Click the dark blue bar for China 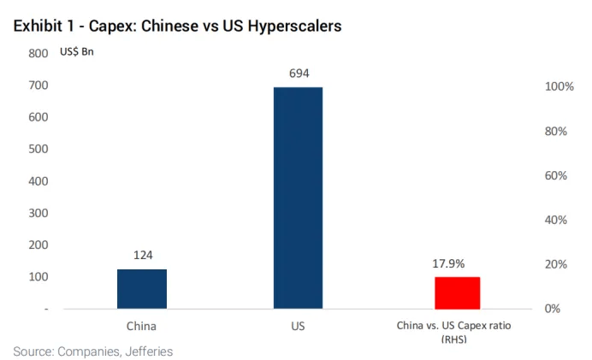pyautogui.click(x=142, y=288)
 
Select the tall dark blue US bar pyautogui.click(x=298, y=197)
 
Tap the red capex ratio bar pyautogui.click(x=457, y=292)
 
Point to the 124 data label pyautogui.click(x=142, y=255)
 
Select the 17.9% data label pyautogui.click(x=457, y=264)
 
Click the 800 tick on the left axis pyautogui.click(x=38, y=53)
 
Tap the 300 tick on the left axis pyautogui.click(x=38, y=213)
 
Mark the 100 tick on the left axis pyautogui.click(x=38, y=276)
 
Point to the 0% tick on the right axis pyautogui.click(x=556, y=308)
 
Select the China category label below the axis pyautogui.click(x=142, y=326)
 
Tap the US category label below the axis pyautogui.click(x=298, y=326)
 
